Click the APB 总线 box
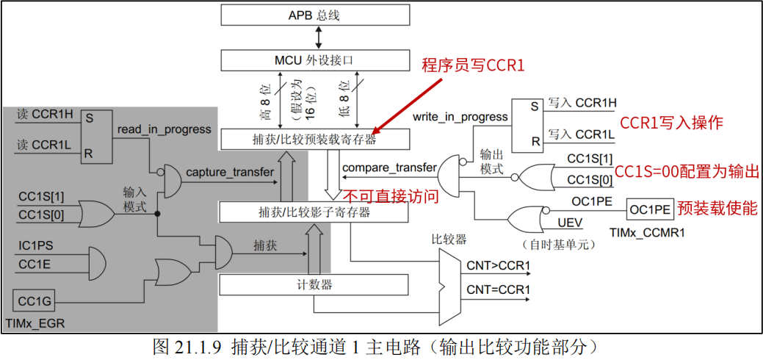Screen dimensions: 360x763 pos(314,15)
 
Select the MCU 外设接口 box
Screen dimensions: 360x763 pos(314,60)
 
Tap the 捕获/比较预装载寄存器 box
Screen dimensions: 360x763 pos(314,139)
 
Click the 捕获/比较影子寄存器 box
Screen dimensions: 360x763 pos(314,213)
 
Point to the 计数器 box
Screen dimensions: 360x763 pos(314,284)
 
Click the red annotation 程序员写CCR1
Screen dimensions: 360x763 pos(473,66)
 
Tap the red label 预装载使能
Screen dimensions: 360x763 pos(717,209)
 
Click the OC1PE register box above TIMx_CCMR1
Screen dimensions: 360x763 pos(650,209)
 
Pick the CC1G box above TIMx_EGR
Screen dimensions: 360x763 pos(34,300)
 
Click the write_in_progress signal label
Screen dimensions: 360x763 pos(460,117)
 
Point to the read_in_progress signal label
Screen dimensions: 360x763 pos(164,129)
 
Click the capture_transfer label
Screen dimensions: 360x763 pos(230,173)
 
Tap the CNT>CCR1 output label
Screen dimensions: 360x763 pos(498,264)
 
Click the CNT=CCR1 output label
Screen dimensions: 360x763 pos(498,289)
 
